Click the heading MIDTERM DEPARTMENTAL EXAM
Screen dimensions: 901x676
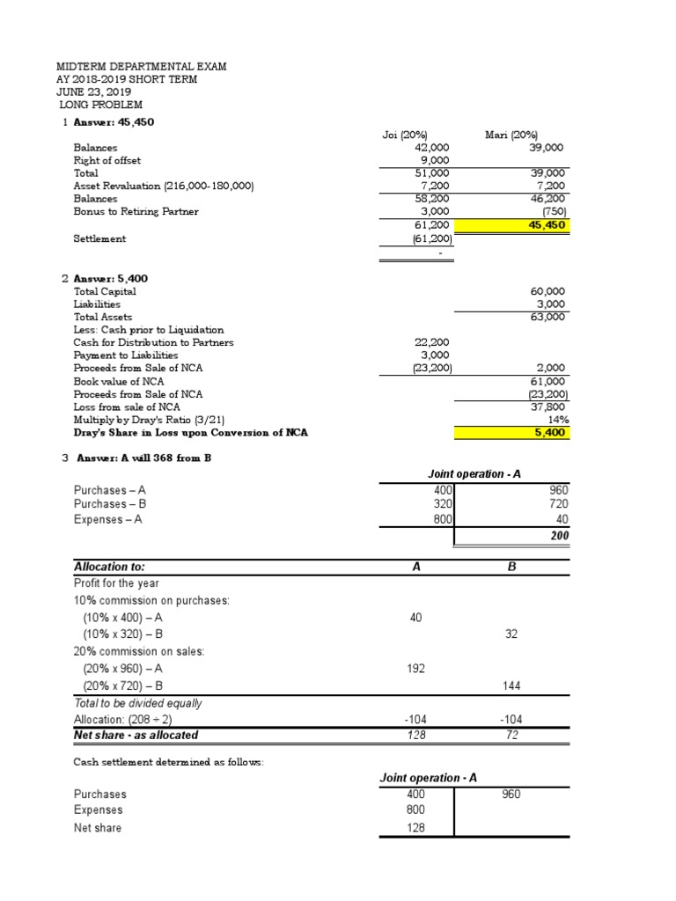pos(141,66)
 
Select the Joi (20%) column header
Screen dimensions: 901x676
pos(405,135)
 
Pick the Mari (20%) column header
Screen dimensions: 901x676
pos(511,135)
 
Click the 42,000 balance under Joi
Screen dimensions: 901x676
pos(433,148)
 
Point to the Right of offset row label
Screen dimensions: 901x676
pos(107,161)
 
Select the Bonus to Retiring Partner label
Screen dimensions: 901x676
pos(136,212)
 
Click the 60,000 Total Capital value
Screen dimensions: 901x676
pos(548,290)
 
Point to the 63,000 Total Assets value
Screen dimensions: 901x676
pos(548,317)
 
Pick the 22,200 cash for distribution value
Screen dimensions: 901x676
pos(433,342)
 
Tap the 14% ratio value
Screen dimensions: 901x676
pos(555,420)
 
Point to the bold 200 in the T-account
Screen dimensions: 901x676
pos(560,535)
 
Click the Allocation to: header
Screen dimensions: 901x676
pos(110,568)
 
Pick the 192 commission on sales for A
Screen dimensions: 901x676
pos(416,669)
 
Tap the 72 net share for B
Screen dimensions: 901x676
pos(512,734)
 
